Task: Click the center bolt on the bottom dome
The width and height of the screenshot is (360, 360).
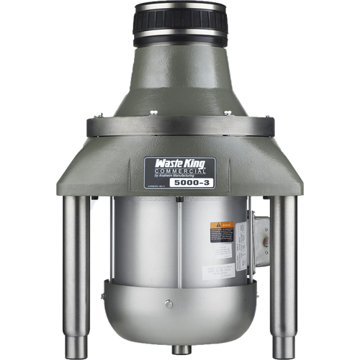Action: point(168,304)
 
